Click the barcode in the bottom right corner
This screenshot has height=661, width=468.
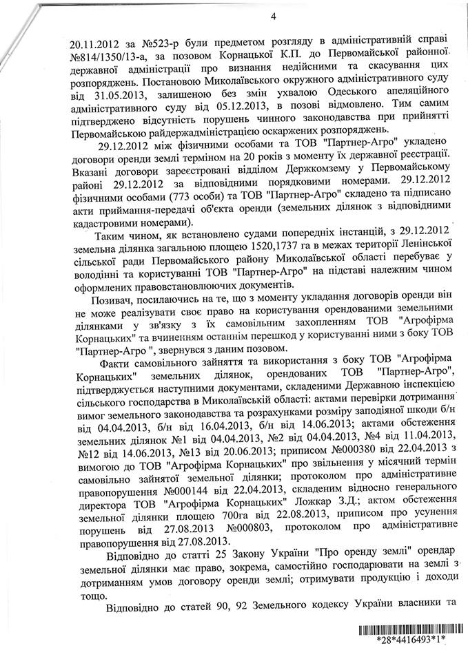[405, 630]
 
